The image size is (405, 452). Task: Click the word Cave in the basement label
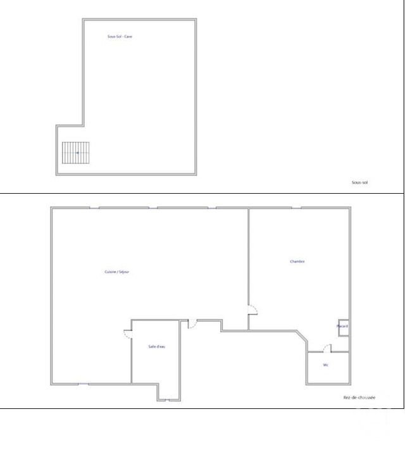(128, 37)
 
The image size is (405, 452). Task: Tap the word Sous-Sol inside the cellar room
(115, 37)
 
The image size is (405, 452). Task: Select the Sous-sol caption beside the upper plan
(359, 182)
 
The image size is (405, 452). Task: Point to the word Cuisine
(110, 272)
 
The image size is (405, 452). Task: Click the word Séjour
(124, 272)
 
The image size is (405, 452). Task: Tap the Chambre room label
(297, 261)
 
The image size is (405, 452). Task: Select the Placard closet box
(342, 327)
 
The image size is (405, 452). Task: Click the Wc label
(325, 365)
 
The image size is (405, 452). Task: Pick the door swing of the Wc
(327, 348)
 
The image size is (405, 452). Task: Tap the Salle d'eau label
(156, 346)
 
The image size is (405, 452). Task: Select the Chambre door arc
(252, 310)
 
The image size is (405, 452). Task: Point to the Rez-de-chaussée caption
(359, 398)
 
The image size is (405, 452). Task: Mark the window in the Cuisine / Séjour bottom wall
(83, 384)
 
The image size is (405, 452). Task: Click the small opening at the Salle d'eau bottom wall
(169, 400)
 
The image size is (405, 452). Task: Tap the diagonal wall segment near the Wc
(302, 339)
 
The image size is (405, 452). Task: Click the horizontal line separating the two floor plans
(202, 193)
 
